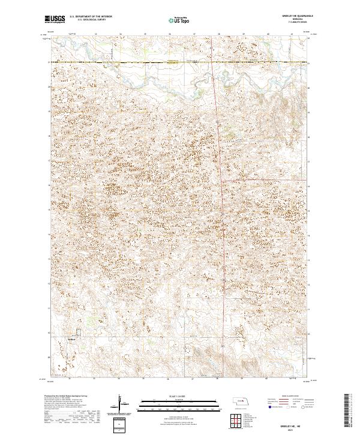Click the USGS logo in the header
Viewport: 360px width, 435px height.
tap(55, 19)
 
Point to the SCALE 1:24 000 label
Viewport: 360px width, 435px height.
tap(179, 396)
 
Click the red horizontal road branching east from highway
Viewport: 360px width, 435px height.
tap(264, 179)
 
